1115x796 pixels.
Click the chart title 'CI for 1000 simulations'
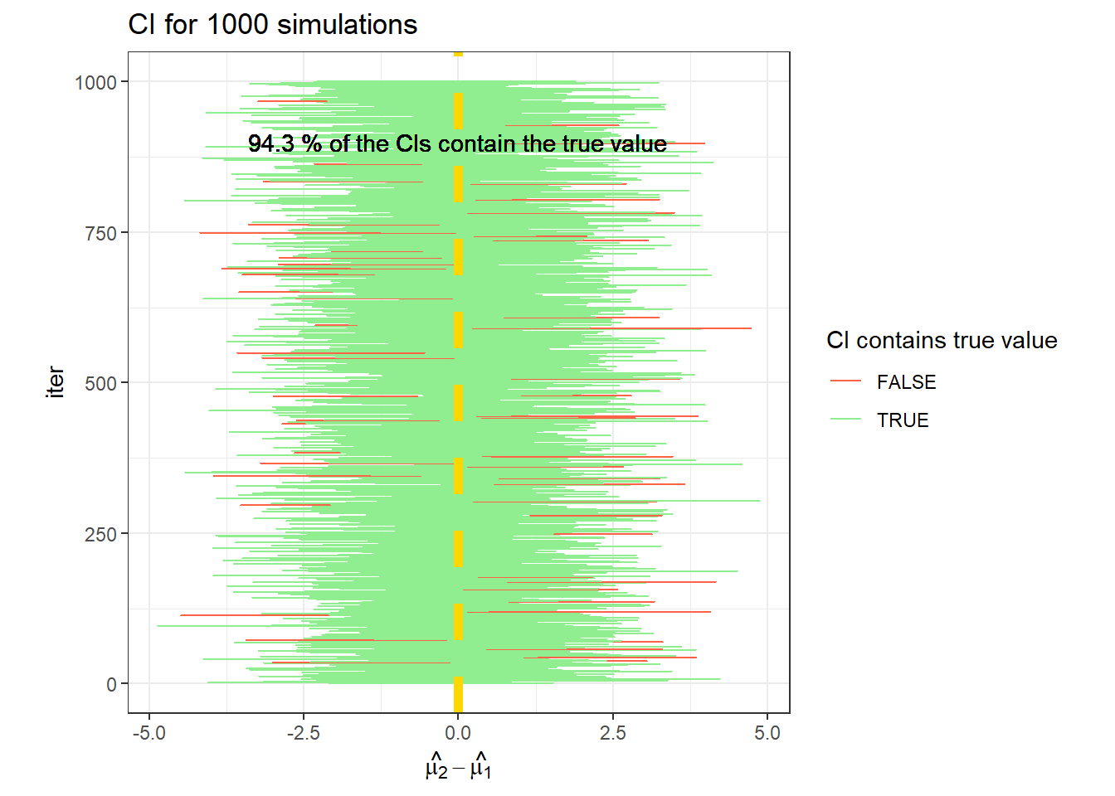272,25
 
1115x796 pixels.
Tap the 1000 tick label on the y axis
96,82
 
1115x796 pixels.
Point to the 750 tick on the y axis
101,234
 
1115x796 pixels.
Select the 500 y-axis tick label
101,384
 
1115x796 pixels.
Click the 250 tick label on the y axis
101,535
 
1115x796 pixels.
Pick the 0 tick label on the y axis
112,685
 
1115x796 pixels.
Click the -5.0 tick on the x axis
149,733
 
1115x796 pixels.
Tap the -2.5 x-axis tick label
304,733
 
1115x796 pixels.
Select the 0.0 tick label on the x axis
458,733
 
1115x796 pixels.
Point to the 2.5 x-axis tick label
613,733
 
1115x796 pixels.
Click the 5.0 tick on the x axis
767,733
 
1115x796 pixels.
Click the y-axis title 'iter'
56,382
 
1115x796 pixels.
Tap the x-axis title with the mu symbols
458,767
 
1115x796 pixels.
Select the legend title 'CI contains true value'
942,341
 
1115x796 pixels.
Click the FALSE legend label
906,382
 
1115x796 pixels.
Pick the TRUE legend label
903,420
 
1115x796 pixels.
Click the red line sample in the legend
846,381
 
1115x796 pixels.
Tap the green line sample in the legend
846,420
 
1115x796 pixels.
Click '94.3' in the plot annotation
270,144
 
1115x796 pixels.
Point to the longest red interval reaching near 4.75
614,328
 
